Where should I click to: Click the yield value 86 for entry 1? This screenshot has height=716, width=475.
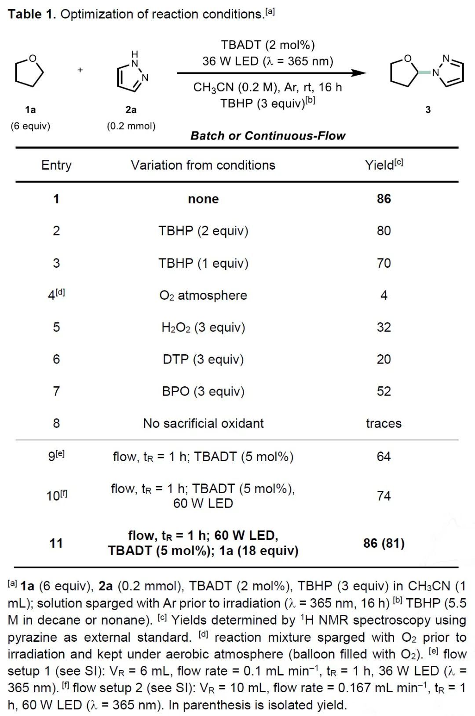384,199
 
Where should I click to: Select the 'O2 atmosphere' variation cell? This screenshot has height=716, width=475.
203,295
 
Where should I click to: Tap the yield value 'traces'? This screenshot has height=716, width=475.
384,423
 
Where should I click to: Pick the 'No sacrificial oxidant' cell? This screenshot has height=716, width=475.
203,423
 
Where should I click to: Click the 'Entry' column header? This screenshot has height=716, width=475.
56,165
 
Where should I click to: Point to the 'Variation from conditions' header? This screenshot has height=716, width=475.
203,165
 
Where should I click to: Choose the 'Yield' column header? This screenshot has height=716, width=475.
384,165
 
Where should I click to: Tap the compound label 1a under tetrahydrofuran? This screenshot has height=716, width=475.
30,109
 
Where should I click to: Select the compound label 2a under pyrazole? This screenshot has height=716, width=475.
131,109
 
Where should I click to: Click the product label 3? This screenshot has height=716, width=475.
428,109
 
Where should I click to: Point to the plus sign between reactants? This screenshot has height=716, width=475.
80,70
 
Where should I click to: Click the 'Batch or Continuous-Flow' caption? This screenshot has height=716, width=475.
268,136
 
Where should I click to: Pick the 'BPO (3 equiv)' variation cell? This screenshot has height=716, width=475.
203,391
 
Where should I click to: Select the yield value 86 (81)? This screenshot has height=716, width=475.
384,543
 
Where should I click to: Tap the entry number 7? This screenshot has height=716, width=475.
56,391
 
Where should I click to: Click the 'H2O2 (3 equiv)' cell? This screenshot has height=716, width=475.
203,327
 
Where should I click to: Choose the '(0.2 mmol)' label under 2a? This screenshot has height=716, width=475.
131,126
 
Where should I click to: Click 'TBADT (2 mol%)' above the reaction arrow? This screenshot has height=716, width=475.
268,45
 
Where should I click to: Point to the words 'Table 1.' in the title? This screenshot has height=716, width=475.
32,14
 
